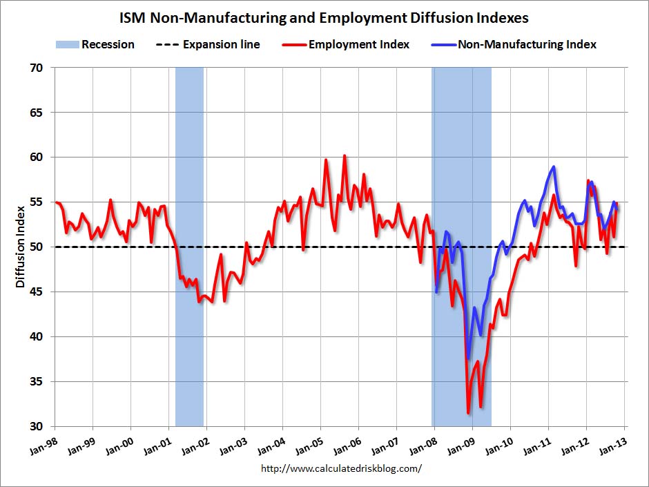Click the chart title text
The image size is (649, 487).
pos(324,17)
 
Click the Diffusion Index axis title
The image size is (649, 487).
pos(20,247)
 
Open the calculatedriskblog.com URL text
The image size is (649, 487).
pos(341,468)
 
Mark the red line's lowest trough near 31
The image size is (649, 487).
pos(468,413)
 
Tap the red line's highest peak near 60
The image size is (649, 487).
pos(345,156)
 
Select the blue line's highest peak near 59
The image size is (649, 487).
pos(554,166)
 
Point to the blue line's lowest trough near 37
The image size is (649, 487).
pos(468,359)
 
